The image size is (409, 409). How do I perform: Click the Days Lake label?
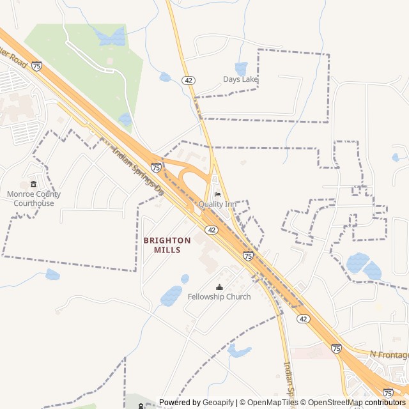click(x=240, y=79)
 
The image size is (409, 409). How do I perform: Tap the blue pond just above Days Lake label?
click(x=241, y=67)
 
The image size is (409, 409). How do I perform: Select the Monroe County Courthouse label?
click(x=34, y=199)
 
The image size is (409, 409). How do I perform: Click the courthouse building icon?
click(x=34, y=184)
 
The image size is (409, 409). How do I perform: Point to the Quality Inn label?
click(x=217, y=204)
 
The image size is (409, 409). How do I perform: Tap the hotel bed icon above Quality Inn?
click(x=217, y=194)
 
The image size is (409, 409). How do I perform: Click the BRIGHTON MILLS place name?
click(x=167, y=245)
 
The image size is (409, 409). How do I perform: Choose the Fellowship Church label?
click(x=219, y=297)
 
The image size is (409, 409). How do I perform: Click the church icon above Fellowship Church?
click(x=220, y=287)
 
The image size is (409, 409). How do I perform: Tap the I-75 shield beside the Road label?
click(x=36, y=66)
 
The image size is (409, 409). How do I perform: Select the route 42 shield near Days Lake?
click(x=188, y=80)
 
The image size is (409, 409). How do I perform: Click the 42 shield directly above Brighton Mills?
click(x=212, y=229)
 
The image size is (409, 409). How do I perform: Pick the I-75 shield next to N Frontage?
click(x=336, y=348)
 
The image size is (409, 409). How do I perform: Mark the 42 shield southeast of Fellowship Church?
click(x=304, y=318)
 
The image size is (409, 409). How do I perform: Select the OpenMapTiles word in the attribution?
click(x=273, y=403)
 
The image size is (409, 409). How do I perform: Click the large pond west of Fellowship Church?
click(x=171, y=296)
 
